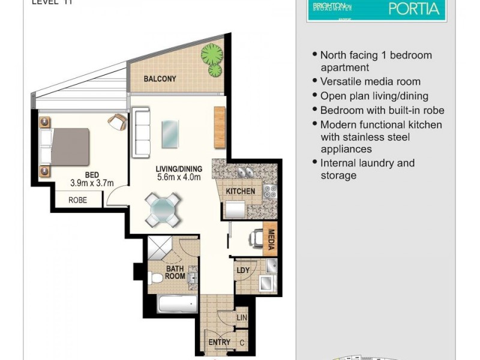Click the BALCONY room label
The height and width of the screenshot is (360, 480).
click(x=160, y=79)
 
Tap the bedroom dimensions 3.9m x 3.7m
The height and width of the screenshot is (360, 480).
click(x=92, y=183)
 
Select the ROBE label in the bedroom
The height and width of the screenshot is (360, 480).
click(x=77, y=200)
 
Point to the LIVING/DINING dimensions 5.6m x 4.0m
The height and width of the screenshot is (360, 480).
click(x=178, y=177)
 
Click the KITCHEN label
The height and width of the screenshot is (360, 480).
click(x=240, y=191)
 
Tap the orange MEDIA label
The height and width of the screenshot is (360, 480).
click(x=271, y=239)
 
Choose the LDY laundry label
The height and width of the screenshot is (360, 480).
click(x=243, y=269)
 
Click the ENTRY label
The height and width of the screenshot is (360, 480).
click(x=219, y=342)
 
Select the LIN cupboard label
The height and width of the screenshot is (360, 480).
click(x=242, y=317)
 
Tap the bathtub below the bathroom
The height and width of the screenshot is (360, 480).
click(x=177, y=304)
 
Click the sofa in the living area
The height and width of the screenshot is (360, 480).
click(x=141, y=131)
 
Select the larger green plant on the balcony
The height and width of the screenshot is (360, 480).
click(x=211, y=55)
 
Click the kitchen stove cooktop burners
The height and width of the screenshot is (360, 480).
click(x=269, y=193)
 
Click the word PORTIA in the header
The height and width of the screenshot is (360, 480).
click(x=414, y=9)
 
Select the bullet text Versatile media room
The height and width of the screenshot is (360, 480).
click(x=370, y=82)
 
